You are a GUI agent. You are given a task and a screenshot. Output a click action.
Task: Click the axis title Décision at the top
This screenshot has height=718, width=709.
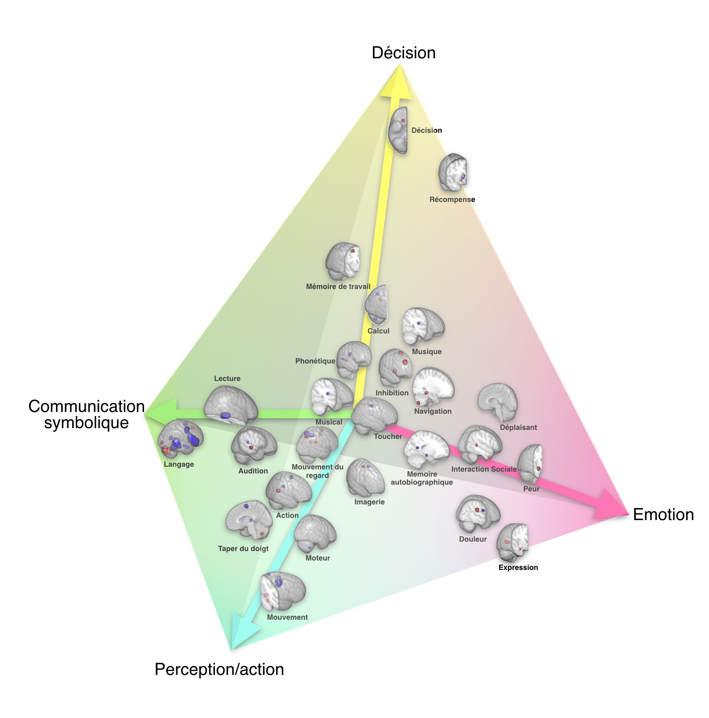pos(403,53)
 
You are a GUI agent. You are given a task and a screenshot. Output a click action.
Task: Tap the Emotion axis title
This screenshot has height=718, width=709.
pos(663,514)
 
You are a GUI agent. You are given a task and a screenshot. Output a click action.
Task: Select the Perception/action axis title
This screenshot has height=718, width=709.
pos(219,669)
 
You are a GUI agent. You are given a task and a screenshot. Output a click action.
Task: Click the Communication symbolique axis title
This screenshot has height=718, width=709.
pos(86,414)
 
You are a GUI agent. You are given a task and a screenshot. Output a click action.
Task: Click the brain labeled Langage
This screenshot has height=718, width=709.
pos(181,440)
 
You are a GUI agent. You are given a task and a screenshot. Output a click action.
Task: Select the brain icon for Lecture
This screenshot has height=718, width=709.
pos(231,405)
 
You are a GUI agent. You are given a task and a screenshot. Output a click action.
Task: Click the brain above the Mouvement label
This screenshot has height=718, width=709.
pos(283,592)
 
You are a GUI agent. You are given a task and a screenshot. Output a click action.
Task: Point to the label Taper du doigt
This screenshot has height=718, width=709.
pos(243,548)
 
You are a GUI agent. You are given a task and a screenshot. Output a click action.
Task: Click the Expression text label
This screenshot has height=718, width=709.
pos(518,567)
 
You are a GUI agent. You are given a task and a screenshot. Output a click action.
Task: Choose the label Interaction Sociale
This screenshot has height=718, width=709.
pos(484,469)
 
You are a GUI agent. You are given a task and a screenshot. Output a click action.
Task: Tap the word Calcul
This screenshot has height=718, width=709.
pos(378,331)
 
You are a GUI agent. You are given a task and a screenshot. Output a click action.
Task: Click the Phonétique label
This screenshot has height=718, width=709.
pos(315,361)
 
